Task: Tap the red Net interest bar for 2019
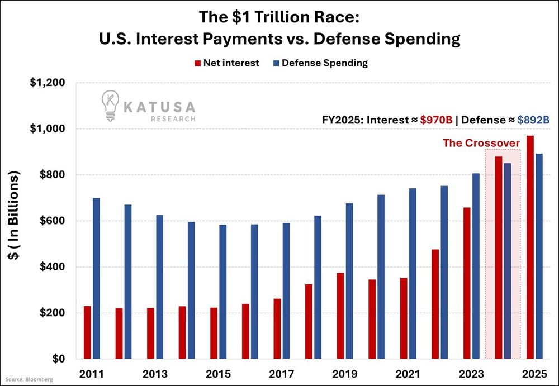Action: point(340,316)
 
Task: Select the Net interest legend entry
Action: point(226,63)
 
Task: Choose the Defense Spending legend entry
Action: point(319,63)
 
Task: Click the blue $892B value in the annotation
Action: point(534,120)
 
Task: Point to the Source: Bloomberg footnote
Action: point(30,380)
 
